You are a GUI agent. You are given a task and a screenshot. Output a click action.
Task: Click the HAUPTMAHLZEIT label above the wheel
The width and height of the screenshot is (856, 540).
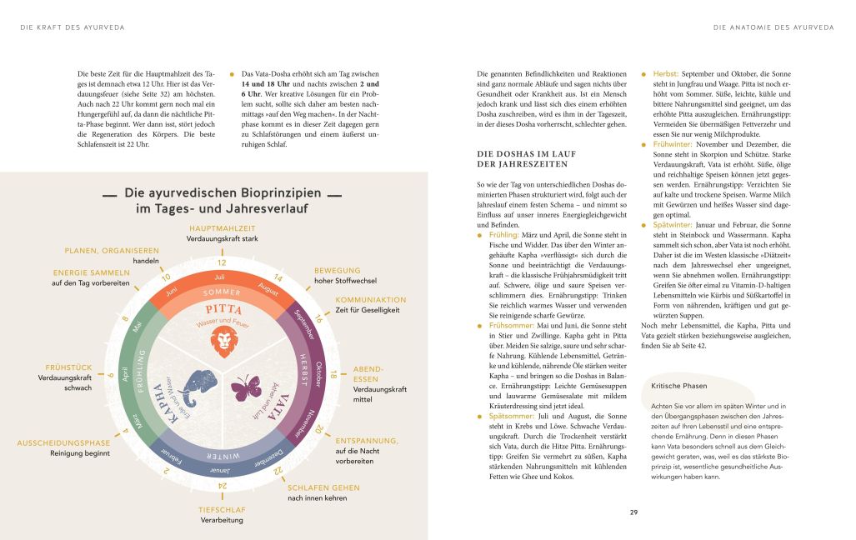(222, 228)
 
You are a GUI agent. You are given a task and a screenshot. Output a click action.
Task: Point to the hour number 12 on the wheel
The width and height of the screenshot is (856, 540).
(222, 262)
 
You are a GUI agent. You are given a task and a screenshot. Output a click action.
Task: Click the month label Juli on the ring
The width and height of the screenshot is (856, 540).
(220, 277)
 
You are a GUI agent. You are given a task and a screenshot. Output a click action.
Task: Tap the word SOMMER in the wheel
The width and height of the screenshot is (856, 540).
(222, 292)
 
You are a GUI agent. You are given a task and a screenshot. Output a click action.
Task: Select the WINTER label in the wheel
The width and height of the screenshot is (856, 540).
(222, 457)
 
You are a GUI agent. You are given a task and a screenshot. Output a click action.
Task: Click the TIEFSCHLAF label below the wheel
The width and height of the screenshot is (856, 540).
(221, 508)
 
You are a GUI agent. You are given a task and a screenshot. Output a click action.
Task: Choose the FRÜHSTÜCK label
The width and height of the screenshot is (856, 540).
(68, 367)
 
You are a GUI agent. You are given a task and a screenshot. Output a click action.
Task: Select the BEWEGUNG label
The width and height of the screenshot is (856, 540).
(337, 270)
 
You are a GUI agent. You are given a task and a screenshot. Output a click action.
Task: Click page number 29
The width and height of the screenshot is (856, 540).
(635, 512)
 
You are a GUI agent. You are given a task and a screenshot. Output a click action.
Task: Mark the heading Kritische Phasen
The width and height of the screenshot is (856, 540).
(679, 385)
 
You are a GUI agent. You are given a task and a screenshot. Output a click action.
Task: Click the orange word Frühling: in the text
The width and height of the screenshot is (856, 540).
(507, 236)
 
